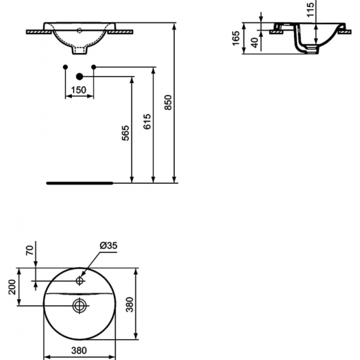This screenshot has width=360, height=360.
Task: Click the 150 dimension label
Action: (79, 90)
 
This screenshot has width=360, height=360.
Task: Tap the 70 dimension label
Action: (29, 250)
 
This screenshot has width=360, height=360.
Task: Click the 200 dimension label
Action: (12, 287)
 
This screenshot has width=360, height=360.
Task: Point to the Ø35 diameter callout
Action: (108, 245)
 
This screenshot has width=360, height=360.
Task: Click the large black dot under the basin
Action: (79, 77)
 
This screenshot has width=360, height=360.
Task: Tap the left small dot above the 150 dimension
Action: (65, 67)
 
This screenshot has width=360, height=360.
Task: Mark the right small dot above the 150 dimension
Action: (94, 67)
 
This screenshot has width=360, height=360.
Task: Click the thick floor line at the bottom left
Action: (79, 183)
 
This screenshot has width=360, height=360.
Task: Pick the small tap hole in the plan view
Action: (79, 281)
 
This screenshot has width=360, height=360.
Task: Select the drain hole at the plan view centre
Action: (79, 304)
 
